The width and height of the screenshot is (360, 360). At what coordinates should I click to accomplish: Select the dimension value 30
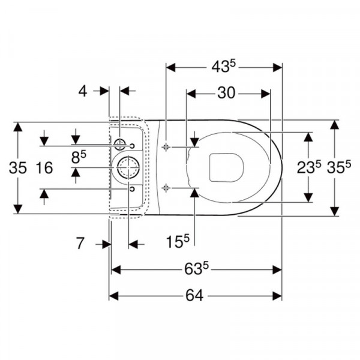(226, 93)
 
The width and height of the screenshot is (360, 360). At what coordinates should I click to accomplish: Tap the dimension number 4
(83, 91)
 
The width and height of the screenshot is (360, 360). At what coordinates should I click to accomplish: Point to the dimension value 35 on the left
(18, 167)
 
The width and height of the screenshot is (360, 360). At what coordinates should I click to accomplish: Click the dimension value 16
(44, 167)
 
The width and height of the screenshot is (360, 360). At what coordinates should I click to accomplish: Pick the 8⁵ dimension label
(79, 157)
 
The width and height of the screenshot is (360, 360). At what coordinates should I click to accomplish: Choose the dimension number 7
(80, 244)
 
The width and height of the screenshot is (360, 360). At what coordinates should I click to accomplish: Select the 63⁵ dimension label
(197, 269)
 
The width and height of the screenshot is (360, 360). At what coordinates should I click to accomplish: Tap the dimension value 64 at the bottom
(194, 295)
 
